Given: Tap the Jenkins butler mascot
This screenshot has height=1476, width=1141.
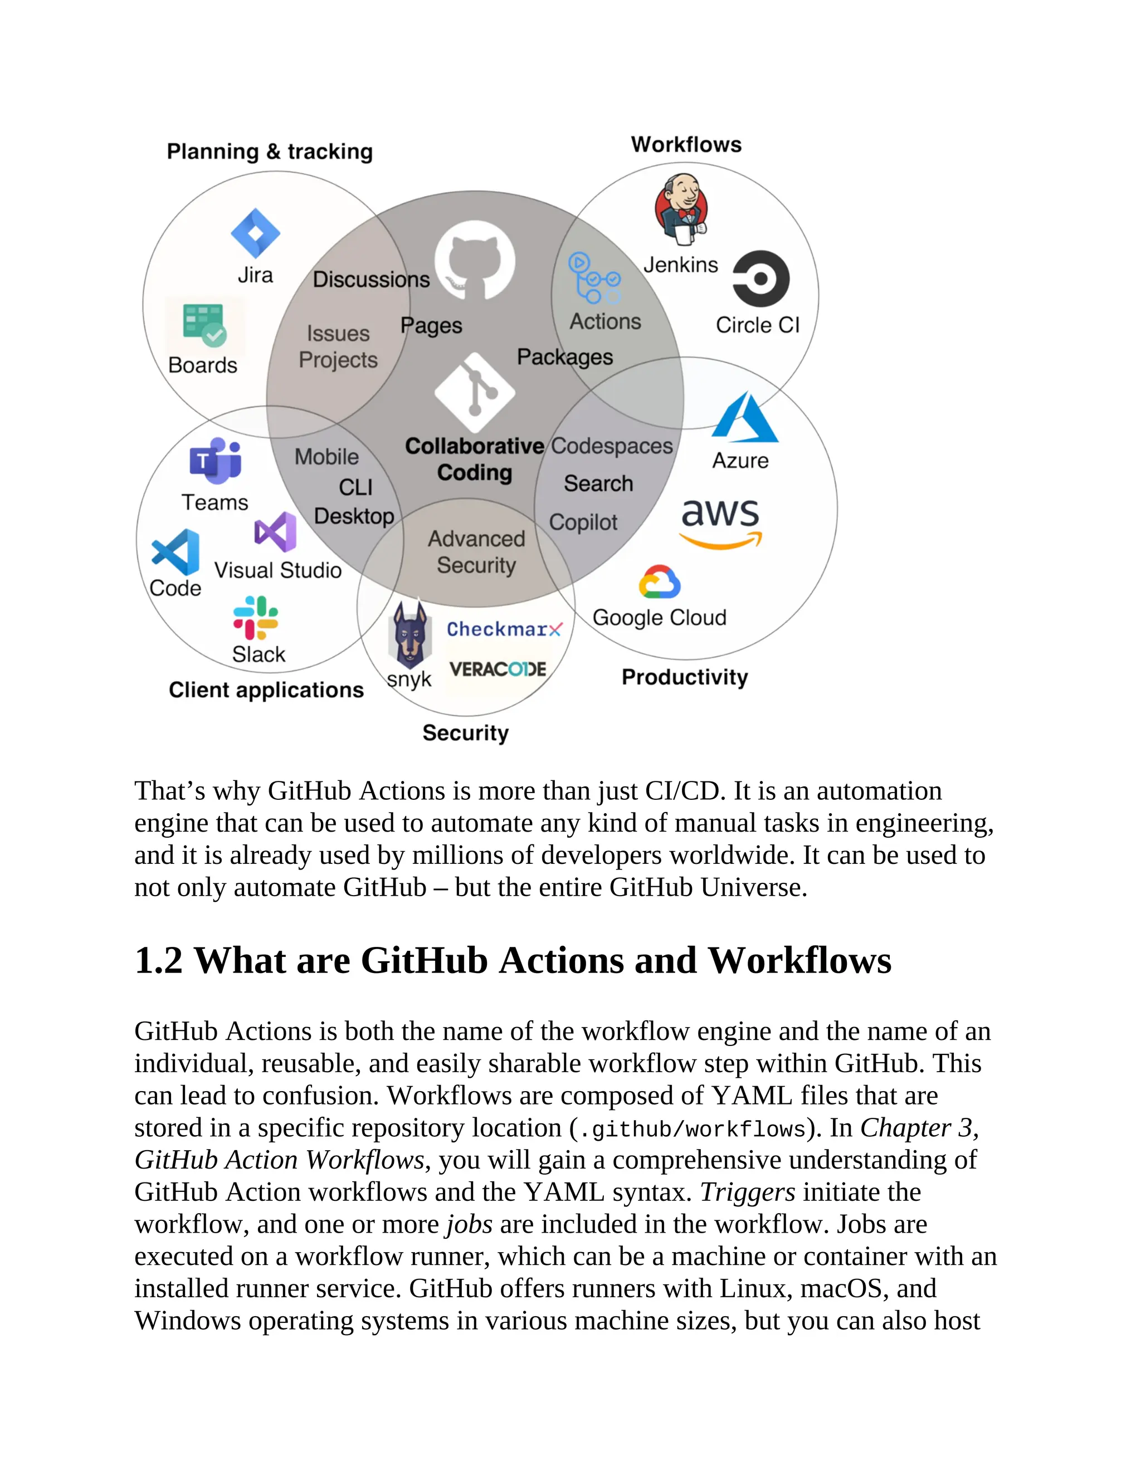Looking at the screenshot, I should [681, 209].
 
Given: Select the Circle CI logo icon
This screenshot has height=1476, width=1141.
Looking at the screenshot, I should [761, 278].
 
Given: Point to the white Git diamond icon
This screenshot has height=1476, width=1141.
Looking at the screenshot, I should [475, 392].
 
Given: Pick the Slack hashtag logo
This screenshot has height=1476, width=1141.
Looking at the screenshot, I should [256, 617].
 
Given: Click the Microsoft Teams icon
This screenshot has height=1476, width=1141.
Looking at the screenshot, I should [216, 461].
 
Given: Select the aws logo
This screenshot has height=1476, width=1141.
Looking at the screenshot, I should [720, 523].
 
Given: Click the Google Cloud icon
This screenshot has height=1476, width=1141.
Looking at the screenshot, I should [659, 583].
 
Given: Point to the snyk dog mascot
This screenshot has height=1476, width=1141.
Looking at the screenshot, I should [409, 636].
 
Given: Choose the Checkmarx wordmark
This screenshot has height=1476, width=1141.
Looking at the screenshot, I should [504, 629].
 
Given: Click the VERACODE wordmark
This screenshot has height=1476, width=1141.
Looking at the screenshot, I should [498, 669].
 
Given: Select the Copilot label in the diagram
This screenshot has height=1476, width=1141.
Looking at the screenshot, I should [583, 522].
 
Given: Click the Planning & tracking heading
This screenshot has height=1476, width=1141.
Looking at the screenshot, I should [270, 151].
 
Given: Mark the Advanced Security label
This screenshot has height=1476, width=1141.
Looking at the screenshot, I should [476, 551].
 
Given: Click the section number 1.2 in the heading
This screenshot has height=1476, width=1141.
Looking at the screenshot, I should [159, 960].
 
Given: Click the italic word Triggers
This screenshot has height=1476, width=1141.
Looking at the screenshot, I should [747, 1192].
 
